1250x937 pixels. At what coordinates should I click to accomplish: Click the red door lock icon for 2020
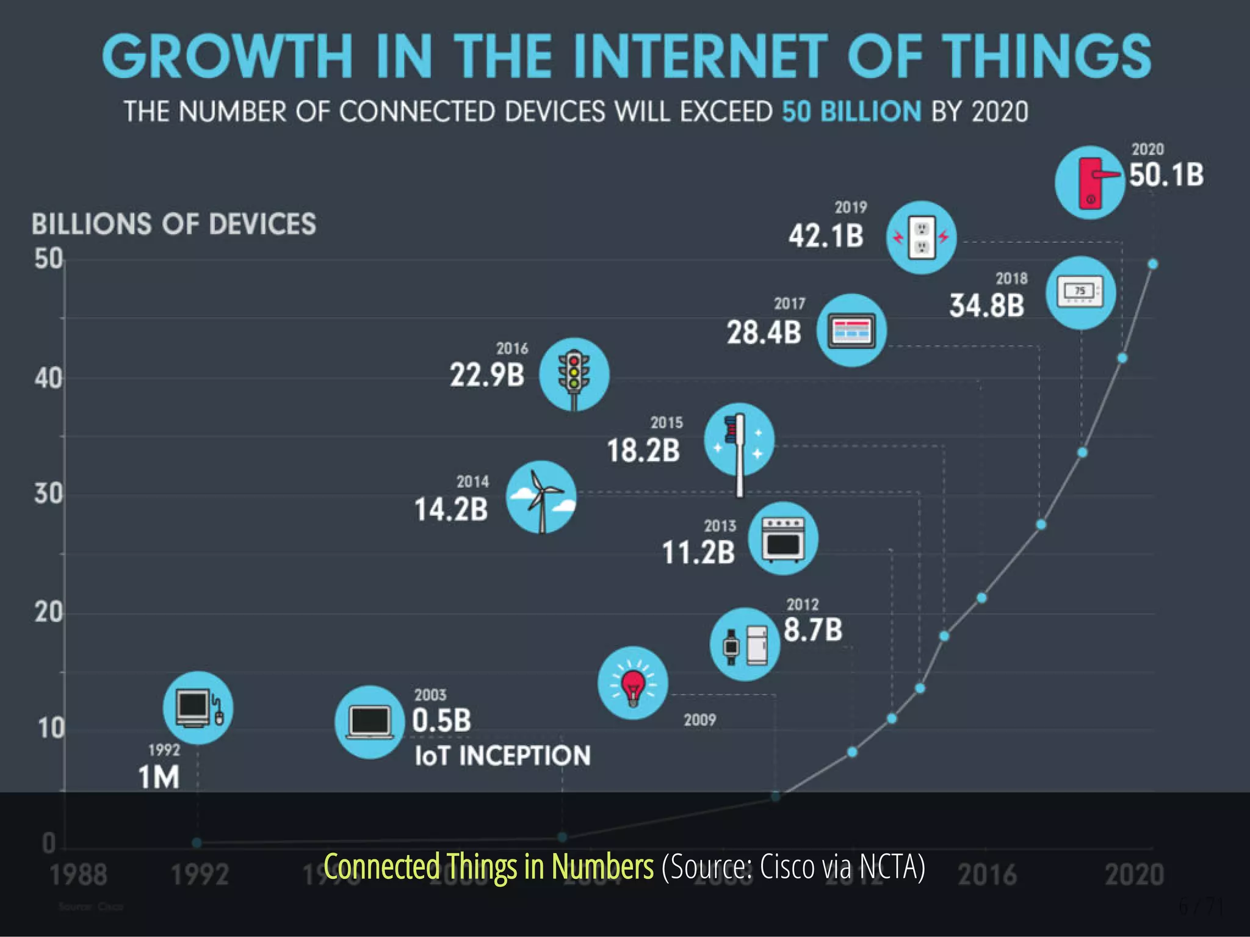point(1090,182)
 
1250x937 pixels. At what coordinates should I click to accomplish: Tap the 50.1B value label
point(1166,175)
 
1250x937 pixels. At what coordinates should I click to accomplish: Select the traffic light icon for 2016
point(574,374)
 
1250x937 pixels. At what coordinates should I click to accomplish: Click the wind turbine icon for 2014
point(541,497)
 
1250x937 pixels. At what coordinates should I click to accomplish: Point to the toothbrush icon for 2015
point(739,440)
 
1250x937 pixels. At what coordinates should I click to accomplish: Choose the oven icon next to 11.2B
point(783,539)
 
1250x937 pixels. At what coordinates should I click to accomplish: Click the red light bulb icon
point(633,683)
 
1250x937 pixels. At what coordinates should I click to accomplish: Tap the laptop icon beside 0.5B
point(369,722)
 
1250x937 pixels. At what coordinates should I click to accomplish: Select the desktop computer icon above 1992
point(198,708)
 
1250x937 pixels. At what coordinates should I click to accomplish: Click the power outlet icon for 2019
point(921,237)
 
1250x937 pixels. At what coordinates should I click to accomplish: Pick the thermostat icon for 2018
point(1081,293)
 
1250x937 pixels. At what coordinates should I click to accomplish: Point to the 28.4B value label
point(764,333)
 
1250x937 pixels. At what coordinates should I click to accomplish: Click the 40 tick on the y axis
point(48,379)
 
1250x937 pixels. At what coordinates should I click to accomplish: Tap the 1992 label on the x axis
point(200,875)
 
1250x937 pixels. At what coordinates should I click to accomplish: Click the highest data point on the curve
point(1152,264)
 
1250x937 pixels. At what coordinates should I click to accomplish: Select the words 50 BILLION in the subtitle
point(851,112)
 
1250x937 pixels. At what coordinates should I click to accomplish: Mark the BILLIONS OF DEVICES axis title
point(174,224)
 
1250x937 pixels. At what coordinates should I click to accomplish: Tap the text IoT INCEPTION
point(502,756)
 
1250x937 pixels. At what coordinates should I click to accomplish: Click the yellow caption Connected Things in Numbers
point(488,867)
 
